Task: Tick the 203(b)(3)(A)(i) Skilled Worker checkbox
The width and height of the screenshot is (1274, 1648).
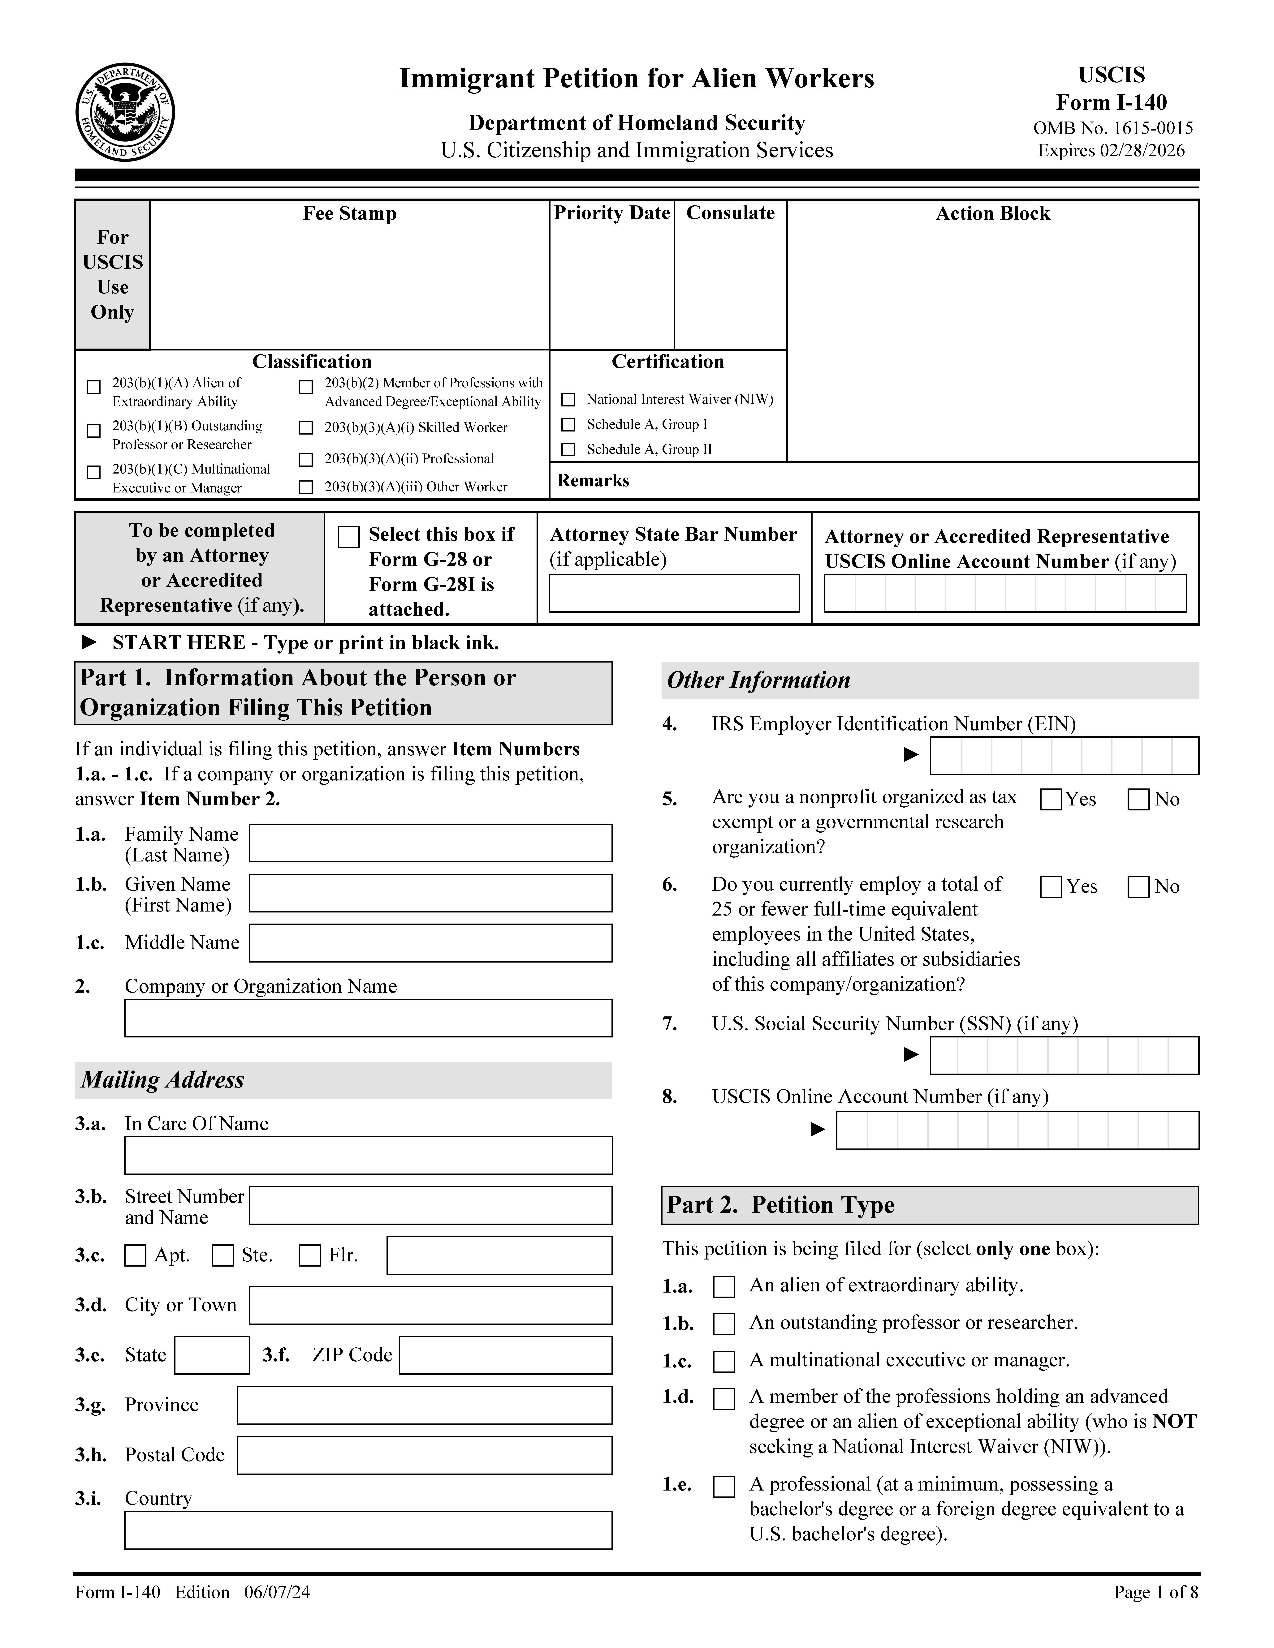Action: pyautogui.click(x=306, y=428)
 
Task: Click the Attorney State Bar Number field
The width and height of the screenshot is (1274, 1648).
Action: pyautogui.click(x=673, y=593)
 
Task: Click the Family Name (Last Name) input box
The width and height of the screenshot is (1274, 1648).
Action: pyautogui.click(x=430, y=843)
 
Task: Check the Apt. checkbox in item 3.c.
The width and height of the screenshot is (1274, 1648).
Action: pyautogui.click(x=135, y=1256)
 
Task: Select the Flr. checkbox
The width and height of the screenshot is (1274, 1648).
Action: pyautogui.click(x=309, y=1256)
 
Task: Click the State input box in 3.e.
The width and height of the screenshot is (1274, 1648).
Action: pyautogui.click(x=212, y=1355)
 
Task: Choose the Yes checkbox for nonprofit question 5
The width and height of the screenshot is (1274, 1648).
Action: pyautogui.click(x=1051, y=799)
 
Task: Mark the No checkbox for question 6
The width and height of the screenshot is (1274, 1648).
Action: pyautogui.click(x=1138, y=887)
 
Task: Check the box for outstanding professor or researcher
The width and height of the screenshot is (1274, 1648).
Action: pyautogui.click(x=724, y=1324)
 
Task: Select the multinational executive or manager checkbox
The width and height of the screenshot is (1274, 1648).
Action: pyautogui.click(x=724, y=1361)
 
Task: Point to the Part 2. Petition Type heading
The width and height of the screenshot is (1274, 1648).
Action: pyautogui.click(x=780, y=1205)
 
